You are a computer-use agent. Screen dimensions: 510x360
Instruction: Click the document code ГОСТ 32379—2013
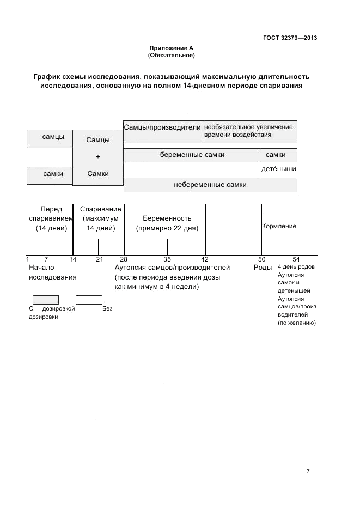click(290, 38)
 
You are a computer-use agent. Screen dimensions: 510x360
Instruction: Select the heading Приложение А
click(171, 48)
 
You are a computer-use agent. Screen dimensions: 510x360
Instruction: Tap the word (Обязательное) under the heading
click(171, 56)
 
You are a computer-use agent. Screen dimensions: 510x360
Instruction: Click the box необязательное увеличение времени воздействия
click(251, 131)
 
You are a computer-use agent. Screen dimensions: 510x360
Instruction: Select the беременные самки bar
click(192, 155)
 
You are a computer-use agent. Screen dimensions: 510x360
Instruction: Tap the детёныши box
click(279, 169)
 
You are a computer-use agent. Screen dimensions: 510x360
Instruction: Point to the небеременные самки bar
click(210, 185)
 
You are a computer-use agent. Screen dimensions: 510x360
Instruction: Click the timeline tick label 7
click(46, 259)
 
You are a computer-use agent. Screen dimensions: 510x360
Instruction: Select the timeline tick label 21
click(99, 259)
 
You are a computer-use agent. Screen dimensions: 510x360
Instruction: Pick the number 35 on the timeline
click(167, 259)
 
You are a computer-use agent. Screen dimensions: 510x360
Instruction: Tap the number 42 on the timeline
click(205, 259)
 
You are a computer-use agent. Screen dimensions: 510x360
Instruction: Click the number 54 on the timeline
click(296, 259)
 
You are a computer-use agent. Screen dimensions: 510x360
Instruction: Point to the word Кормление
click(279, 226)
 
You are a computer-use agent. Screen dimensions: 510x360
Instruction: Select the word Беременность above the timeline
click(167, 218)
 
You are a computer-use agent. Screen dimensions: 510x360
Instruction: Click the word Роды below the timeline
click(263, 268)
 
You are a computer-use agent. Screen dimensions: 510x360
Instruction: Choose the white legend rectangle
click(89, 300)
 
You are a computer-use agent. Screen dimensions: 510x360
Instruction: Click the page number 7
click(308, 471)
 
